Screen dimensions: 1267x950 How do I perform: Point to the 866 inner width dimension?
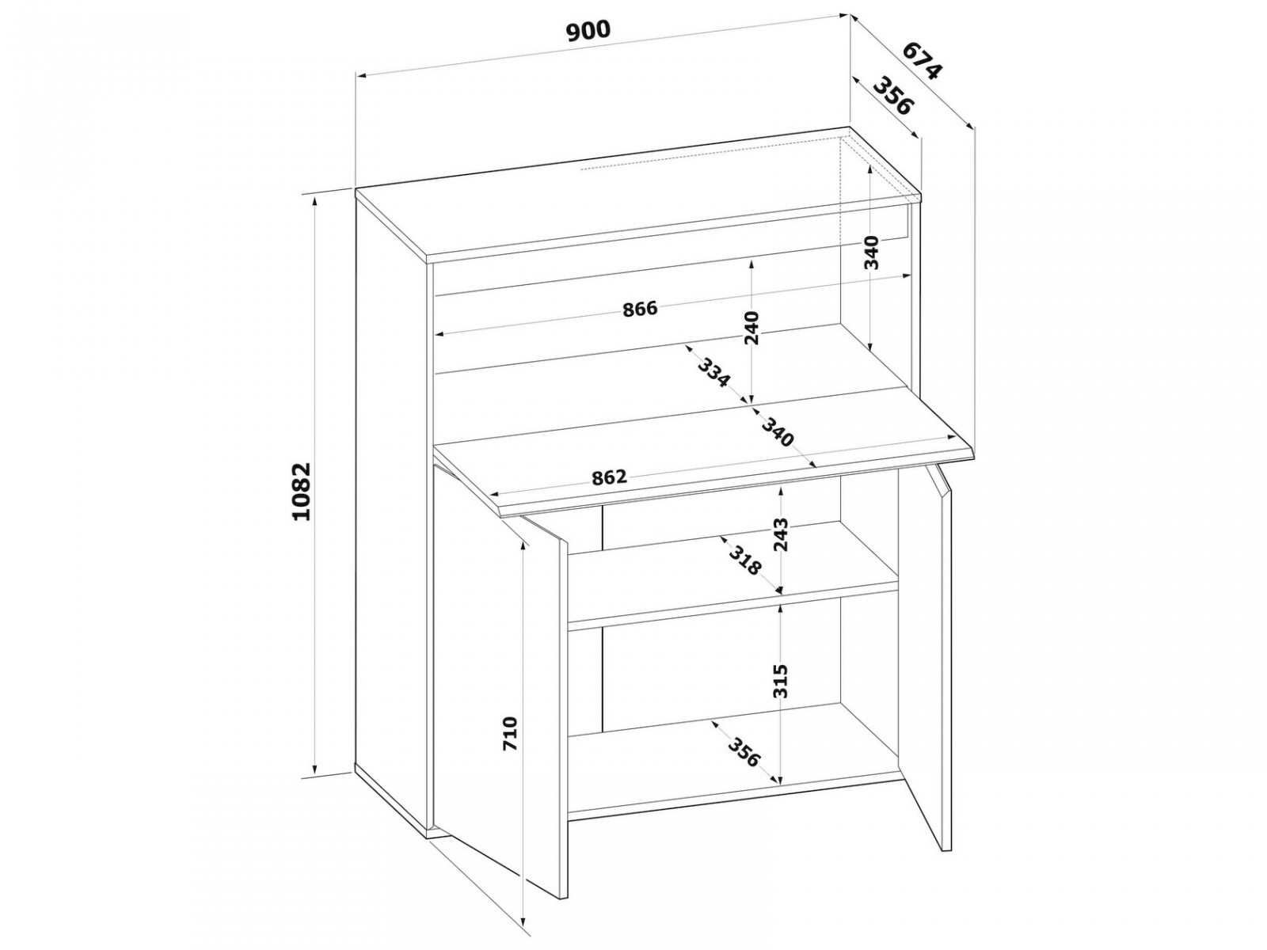(640, 310)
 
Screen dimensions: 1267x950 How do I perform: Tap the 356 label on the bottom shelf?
(743, 751)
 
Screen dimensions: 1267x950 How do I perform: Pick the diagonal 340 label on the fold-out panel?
(778, 431)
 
